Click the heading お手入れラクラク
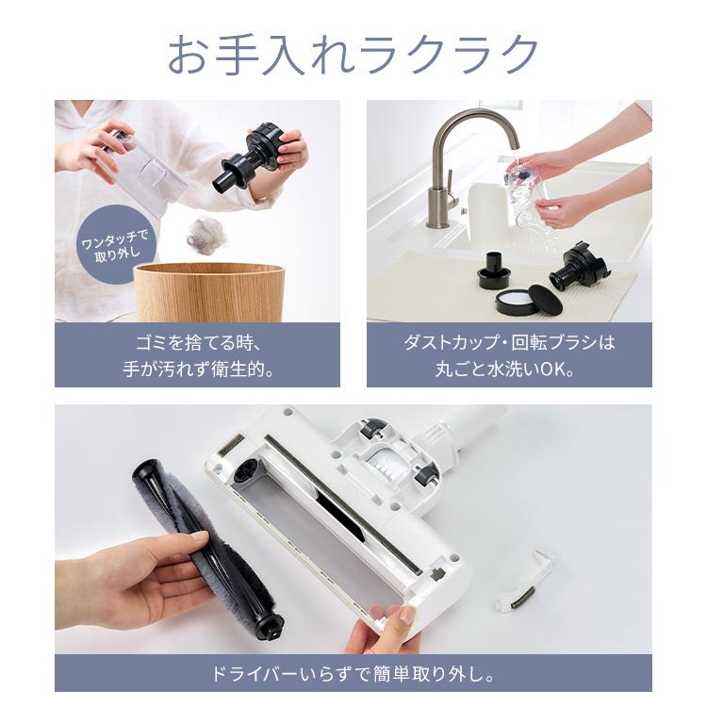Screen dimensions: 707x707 pyautogui.click(x=353, y=55)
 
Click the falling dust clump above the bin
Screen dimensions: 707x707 pyautogui.click(x=206, y=234)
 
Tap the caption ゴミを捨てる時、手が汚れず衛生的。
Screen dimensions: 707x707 pyautogui.click(x=197, y=355)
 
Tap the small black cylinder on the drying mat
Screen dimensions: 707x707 pyautogui.click(x=496, y=269)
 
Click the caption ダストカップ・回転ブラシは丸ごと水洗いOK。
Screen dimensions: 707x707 pyautogui.click(x=509, y=355)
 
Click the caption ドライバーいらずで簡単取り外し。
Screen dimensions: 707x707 pyautogui.click(x=353, y=675)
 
